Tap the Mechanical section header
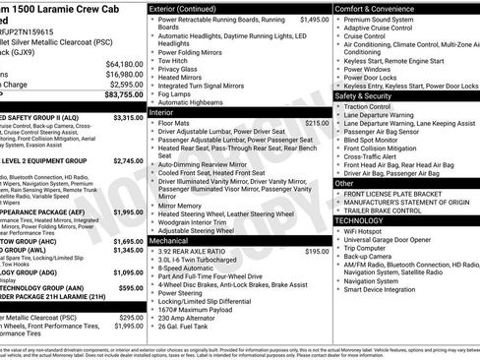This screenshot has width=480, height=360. tap(170, 240)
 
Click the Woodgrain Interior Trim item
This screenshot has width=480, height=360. tap(202, 221)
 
